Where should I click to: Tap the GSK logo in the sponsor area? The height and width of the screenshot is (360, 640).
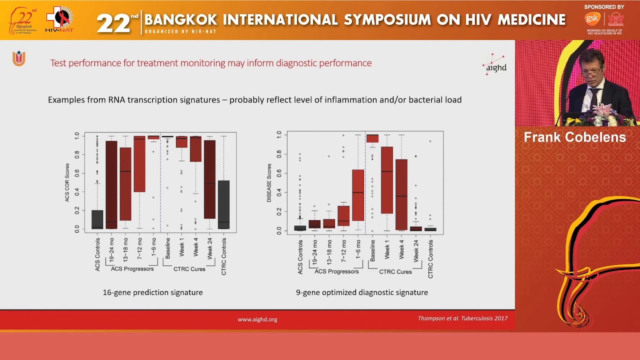592,19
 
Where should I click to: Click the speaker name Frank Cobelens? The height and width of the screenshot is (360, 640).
574,137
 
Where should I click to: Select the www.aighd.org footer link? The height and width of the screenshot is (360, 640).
257,319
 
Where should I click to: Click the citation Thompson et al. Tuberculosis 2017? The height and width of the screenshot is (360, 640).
462,318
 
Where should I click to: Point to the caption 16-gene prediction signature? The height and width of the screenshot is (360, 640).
152,292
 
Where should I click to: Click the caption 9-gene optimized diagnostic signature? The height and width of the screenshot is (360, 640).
361,292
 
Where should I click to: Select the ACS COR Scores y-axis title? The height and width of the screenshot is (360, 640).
67,182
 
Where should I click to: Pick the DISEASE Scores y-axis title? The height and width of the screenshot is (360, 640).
269,183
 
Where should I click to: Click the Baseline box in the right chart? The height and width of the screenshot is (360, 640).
372,138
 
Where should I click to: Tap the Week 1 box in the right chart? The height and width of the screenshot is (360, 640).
387,180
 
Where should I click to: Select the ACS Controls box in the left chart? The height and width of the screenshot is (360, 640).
97,219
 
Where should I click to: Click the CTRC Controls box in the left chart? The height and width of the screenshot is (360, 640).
223,204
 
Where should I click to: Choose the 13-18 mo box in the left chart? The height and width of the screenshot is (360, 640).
125,184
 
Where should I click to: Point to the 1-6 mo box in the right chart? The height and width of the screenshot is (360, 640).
358,195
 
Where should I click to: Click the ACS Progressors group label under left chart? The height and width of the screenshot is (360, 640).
132,269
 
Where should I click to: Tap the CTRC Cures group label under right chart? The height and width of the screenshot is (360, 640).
395,272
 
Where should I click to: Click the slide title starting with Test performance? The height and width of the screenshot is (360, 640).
210,63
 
